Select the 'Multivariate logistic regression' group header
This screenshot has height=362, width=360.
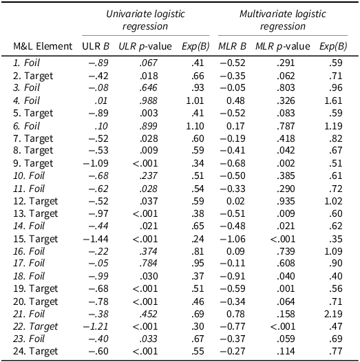[x=282, y=19]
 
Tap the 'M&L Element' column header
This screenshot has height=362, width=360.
[x=43, y=46]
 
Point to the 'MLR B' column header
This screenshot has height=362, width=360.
[x=233, y=46]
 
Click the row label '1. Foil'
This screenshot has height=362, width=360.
[x=28, y=62]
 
